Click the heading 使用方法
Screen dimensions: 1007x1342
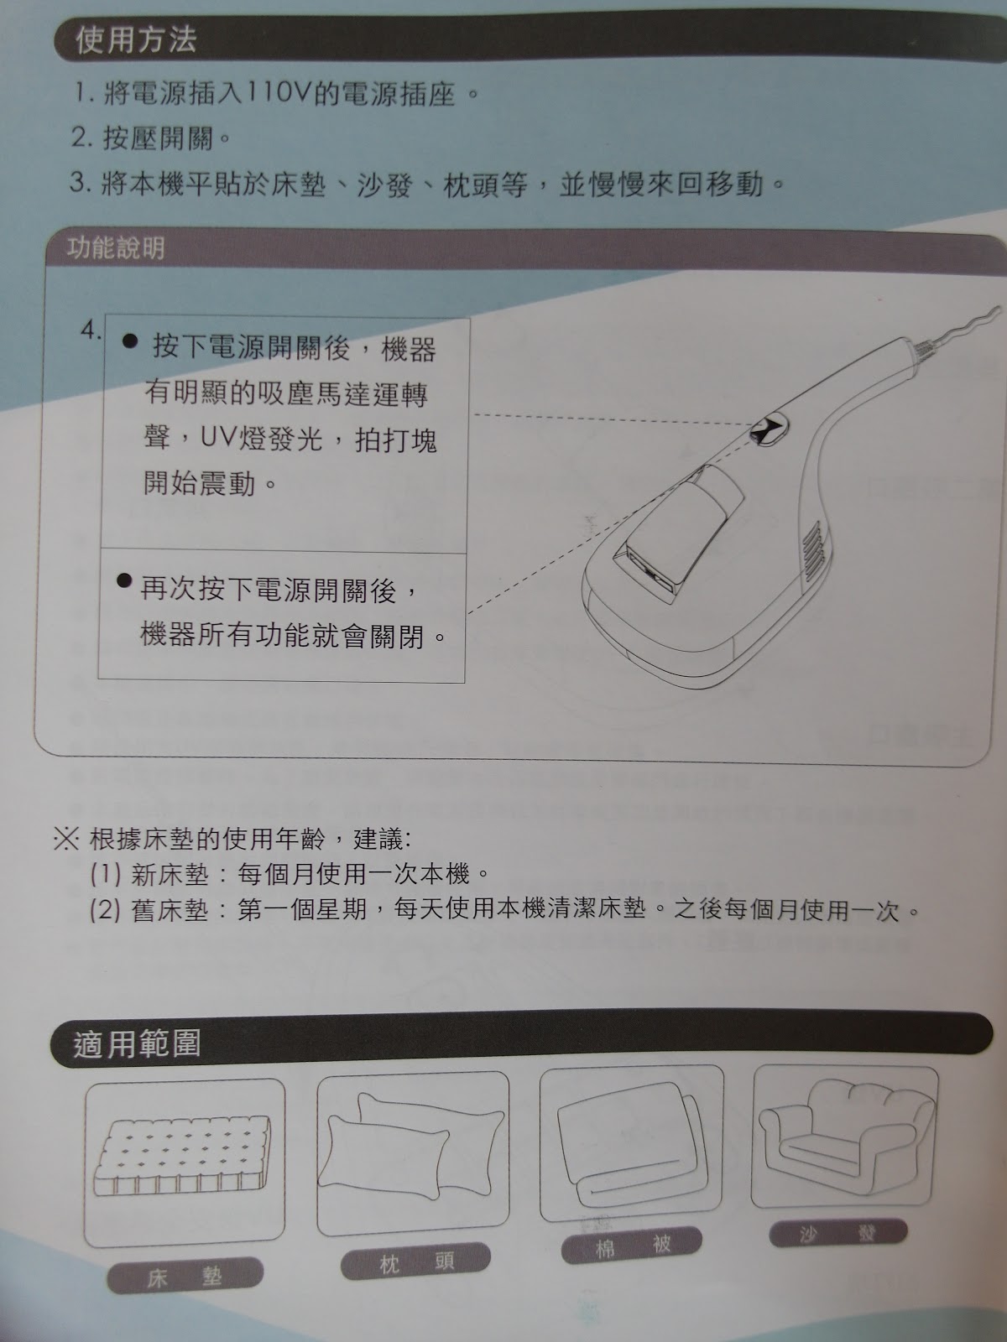pyautogui.click(x=136, y=39)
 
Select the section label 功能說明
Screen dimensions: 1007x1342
pyautogui.click(x=116, y=248)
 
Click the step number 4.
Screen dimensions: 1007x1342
pyautogui.click(x=91, y=330)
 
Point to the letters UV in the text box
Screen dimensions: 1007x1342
pyautogui.click(x=218, y=438)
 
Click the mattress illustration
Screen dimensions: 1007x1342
pyautogui.click(x=182, y=1155)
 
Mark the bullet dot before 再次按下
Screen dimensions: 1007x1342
pyautogui.click(x=124, y=580)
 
